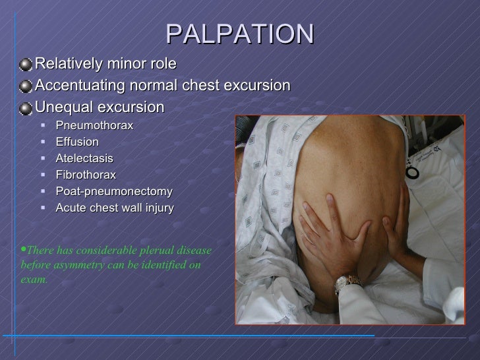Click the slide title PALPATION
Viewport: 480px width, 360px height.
239,34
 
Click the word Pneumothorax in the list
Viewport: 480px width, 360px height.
94,125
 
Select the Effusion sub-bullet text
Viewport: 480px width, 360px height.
77,142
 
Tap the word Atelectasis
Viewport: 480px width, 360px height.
84,159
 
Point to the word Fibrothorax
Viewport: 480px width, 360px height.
86,175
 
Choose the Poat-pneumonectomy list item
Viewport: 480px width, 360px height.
114,192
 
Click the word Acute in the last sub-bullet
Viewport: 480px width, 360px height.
71,208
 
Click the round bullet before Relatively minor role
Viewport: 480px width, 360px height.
25,63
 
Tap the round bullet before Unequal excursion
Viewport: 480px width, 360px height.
25,107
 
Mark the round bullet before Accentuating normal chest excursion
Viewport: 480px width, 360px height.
25,85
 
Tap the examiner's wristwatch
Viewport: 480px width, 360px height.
345,282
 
